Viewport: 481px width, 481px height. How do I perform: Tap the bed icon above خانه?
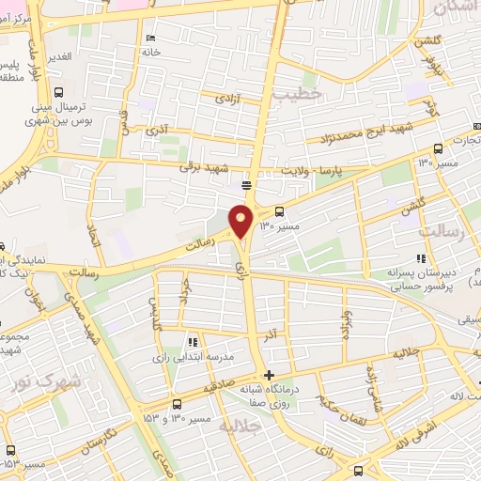[150, 39]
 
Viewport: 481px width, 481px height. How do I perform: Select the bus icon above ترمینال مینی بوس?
[59, 93]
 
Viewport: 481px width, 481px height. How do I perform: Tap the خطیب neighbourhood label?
[298, 94]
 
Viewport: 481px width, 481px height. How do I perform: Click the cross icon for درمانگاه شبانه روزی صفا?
[271, 376]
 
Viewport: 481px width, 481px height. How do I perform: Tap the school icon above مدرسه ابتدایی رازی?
[192, 343]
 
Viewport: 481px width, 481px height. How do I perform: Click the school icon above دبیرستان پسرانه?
[420, 258]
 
